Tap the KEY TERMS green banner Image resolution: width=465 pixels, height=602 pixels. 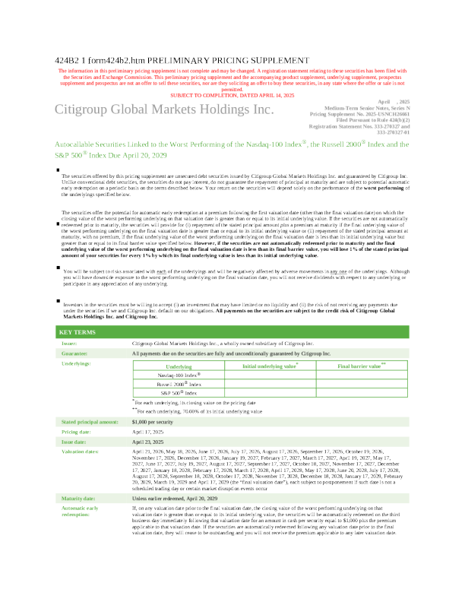[x=77, y=333]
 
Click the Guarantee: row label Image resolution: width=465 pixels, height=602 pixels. [x=76, y=353]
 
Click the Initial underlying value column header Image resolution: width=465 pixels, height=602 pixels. [x=270, y=366]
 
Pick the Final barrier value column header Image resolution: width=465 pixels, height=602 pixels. [x=362, y=366]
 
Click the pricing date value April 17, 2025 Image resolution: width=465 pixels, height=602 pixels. [x=148, y=431]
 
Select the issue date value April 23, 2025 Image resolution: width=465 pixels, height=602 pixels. [x=148, y=441]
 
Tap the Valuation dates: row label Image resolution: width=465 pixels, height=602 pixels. [x=80, y=451]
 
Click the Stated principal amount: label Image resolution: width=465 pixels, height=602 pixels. [x=90, y=421]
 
